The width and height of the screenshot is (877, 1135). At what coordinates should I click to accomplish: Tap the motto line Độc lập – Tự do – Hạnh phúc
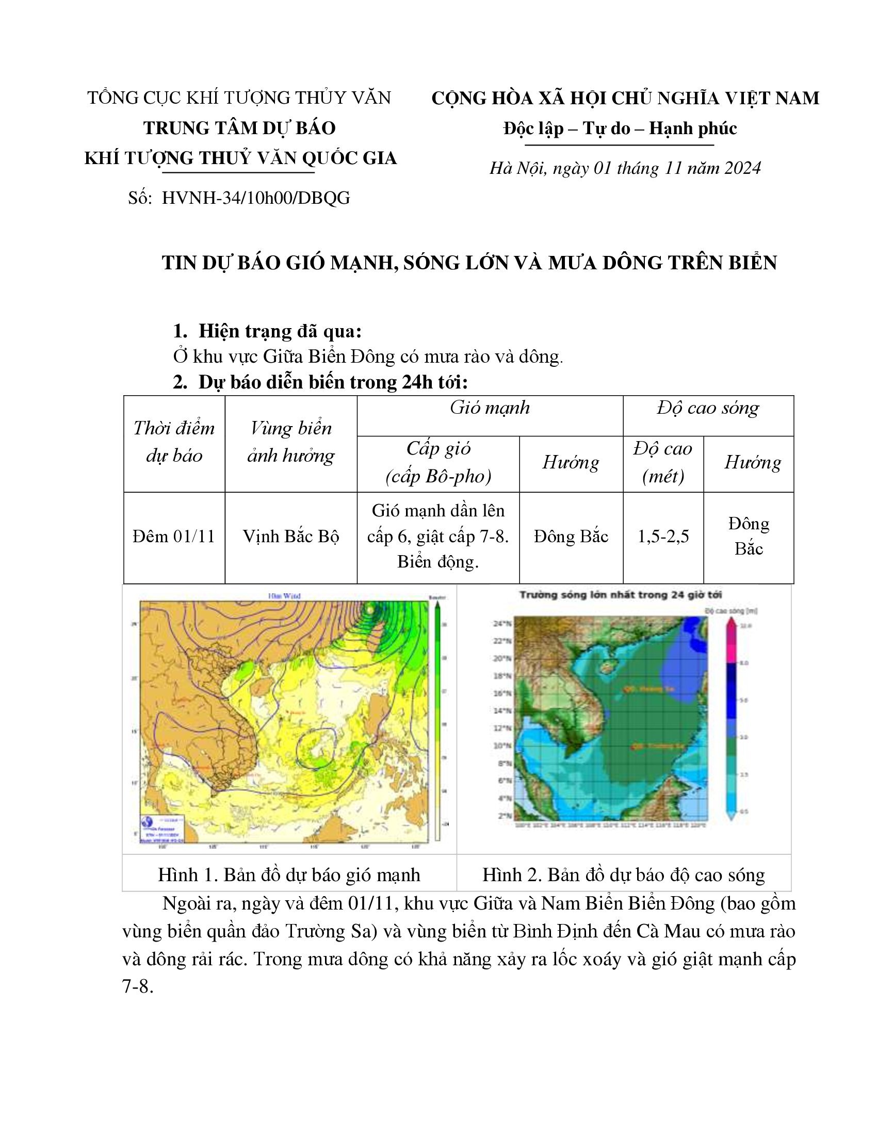point(620,128)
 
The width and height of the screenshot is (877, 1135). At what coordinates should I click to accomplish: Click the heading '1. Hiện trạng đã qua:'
point(268,331)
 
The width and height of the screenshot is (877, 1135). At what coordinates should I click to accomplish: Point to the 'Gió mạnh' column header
point(490,408)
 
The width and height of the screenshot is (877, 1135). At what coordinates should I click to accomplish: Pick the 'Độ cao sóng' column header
point(708,408)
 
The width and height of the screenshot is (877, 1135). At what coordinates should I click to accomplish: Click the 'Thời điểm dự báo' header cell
point(173,442)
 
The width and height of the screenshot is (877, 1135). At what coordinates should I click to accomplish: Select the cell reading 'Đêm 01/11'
point(173,537)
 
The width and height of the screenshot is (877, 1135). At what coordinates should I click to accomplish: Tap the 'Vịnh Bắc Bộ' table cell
point(291,537)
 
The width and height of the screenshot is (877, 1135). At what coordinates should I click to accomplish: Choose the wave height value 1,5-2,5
point(663,537)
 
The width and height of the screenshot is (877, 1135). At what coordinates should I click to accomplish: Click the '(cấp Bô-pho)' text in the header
point(438,477)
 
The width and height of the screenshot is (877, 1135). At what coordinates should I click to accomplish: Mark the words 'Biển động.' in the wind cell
point(437,562)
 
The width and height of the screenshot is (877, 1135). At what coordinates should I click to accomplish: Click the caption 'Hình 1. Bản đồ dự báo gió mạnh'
point(289,875)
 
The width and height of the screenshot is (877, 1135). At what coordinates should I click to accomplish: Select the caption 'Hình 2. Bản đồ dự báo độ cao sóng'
point(624,875)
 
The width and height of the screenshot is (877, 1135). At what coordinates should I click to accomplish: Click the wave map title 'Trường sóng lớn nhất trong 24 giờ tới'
point(621,595)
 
